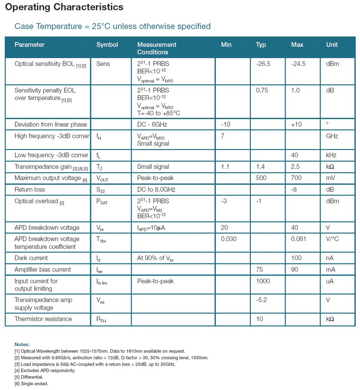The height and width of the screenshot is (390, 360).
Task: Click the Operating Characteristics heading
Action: [x=64, y=8]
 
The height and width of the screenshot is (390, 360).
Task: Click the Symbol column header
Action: [x=107, y=45]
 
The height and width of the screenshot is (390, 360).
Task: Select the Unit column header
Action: [x=332, y=45]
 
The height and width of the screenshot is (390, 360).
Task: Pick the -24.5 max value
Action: [x=298, y=63]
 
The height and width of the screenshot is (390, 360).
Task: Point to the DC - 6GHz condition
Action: [x=155, y=125]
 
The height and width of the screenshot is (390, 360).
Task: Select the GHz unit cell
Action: [x=333, y=136]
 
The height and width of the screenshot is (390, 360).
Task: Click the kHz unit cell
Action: [x=332, y=155]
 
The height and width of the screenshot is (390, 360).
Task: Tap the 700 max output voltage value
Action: [x=296, y=178]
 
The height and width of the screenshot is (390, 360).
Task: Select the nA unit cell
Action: [x=330, y=258]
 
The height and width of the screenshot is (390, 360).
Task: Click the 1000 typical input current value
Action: [x=263, y=281]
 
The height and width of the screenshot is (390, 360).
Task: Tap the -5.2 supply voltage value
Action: [x=262, y=300]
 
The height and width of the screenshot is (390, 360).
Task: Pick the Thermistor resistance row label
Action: [x=43, y=319]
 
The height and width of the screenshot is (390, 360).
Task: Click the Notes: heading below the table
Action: [x=22, y=344]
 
